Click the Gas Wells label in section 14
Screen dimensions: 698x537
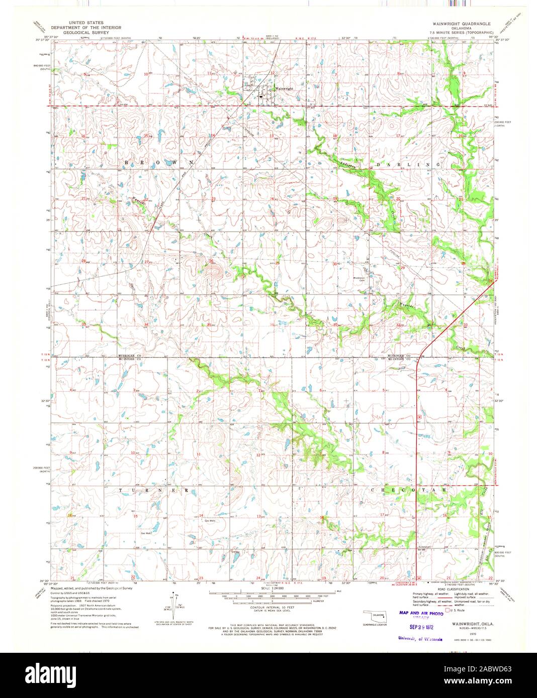(x=210, y=521)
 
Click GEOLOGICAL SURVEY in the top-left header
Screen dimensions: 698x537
(x=82, y=32)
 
